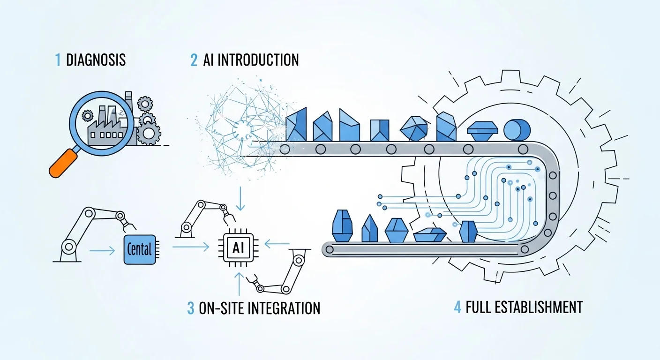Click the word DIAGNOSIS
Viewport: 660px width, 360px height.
click(96, 60)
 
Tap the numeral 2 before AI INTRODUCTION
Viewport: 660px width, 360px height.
click(194, 60)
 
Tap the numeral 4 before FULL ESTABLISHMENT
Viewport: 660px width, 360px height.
click(457, 307)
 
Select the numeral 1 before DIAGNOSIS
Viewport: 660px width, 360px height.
click(58, 60)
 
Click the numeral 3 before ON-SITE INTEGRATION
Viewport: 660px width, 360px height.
click(190, 308)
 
